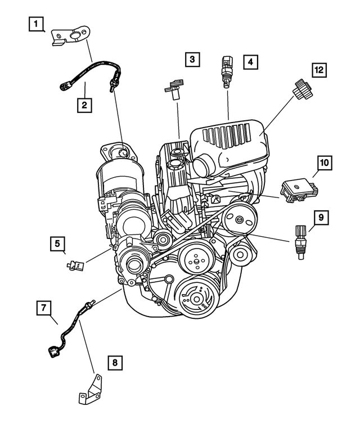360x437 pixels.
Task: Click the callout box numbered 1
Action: (37, 24)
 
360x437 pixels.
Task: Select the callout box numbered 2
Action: (84, 105)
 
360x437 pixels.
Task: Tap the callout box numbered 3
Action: (192, 58)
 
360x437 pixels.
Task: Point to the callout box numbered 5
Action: (57, 244)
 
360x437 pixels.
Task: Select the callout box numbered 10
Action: (324, 163)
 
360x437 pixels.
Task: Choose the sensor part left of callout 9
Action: (299, 241)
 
